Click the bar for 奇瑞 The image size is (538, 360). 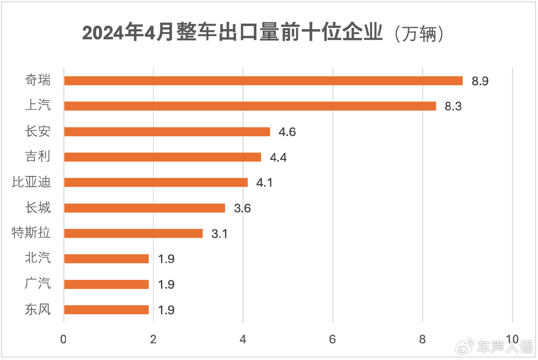point(263,81)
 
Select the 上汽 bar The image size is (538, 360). point(250,106)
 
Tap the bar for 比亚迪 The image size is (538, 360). point(156,182)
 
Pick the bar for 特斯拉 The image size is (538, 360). point(133,233)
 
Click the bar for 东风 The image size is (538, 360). point(106,310)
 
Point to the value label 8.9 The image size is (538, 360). point(480,81)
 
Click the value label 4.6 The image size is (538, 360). point(287,132)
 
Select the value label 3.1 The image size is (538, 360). point(219,234)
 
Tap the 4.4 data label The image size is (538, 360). point(278,157)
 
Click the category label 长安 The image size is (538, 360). point(38,131)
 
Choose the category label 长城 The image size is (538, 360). point(38,208)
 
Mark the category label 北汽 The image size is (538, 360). point(38,258)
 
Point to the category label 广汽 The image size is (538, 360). point(38,284)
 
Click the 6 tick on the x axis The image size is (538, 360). point(332,339)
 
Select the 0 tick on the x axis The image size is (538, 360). point(63,339)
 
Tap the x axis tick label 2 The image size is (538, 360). point(153,339)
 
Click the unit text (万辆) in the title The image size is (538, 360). point(419,34)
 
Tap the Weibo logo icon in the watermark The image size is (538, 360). point(465,347)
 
